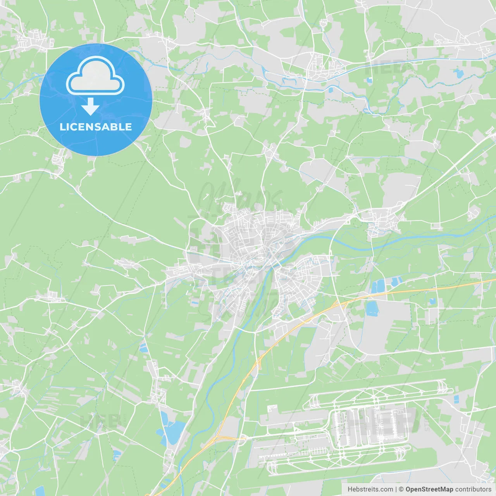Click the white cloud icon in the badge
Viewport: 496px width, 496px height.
click(95, 77)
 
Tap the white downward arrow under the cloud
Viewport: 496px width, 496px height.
click(90, 107)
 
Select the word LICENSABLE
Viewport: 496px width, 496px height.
click(96, 127)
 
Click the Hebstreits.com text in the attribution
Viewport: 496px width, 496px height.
click(370, 489)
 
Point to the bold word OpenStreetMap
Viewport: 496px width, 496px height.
click(429, 489)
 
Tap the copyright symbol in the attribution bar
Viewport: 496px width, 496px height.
click(401, 489)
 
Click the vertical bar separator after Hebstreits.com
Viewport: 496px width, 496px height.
click(396, 489)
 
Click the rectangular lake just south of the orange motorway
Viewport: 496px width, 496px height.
click(372, 308)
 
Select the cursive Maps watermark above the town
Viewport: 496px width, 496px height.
click(240, 194)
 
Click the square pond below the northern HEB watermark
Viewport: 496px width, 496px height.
click(369, 81)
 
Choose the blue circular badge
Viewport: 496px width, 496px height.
click(96, 100)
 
